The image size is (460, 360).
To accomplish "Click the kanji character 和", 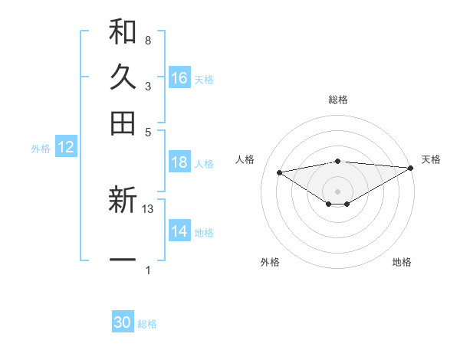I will pos(123,32).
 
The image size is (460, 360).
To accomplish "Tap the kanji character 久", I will pos(123,77).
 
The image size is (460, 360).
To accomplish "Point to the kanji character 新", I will pos(123,201).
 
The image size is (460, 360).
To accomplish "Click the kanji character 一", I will pos(123,260).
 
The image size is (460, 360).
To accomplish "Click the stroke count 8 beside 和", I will pos(147,40).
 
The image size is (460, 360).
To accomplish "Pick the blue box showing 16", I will pos(179,77).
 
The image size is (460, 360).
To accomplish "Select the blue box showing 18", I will pos(179,162).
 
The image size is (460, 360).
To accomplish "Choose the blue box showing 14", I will pos(179,231).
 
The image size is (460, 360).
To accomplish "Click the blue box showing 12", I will pos(66,148).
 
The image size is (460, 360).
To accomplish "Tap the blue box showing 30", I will pos(123,322).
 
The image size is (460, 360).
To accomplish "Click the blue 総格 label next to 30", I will pos(147,324).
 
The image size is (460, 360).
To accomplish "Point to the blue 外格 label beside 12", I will pos(41,149).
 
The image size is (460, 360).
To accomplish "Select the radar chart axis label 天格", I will pos(431,159).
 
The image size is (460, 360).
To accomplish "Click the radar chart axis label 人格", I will pos(245,159).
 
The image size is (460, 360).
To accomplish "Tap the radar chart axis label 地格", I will pos(402,263).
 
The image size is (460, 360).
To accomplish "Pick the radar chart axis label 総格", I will pos(338,100).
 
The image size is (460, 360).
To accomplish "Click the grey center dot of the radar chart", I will pos(338,191).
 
